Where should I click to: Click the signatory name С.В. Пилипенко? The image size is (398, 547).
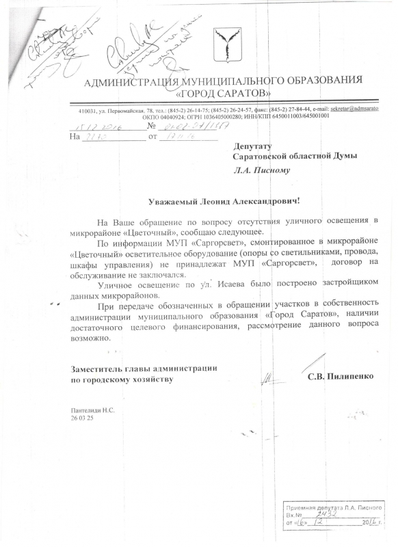pos(340,375)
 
